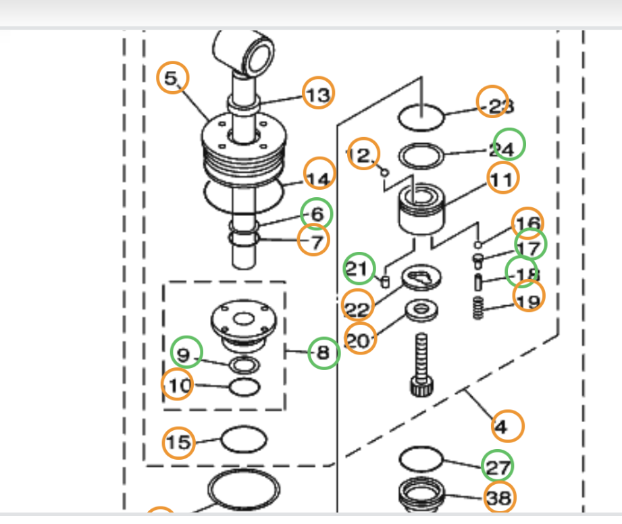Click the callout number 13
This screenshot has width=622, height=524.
317,94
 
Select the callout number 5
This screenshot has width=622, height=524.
172,78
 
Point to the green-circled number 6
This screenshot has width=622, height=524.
316,213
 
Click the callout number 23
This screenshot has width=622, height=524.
496,104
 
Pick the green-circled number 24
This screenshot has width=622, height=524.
508,145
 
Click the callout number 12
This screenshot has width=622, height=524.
363,155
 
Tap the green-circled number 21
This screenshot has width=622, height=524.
359,269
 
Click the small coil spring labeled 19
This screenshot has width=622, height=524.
479,309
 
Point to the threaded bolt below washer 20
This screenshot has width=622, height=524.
421,362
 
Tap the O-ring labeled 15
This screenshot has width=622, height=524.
244,440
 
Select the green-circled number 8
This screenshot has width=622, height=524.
323,353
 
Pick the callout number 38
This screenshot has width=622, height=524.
498,497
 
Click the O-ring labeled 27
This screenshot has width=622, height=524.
421,459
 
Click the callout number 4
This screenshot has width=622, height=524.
507,425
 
